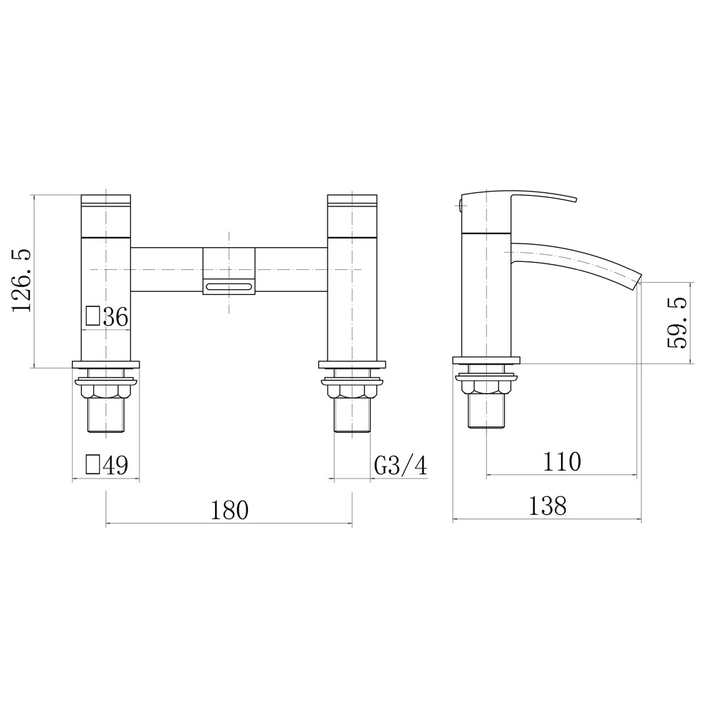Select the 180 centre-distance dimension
click(x=229, y=510)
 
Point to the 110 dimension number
click(x=562, y=462)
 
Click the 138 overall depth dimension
click(x=548, y=506)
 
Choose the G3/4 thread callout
click(x=400, y=466)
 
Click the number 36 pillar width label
click(x=115, y=317)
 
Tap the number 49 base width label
click(x=115, y=466)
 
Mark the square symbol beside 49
click(x=93, y=464)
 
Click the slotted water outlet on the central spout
click(x=229, y=287)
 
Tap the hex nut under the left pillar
click(x=106, y=390)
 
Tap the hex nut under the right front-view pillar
click(x=352, y=390)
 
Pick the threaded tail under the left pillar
click(x=106, y=417)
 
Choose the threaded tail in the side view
click(x=487, y=414)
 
